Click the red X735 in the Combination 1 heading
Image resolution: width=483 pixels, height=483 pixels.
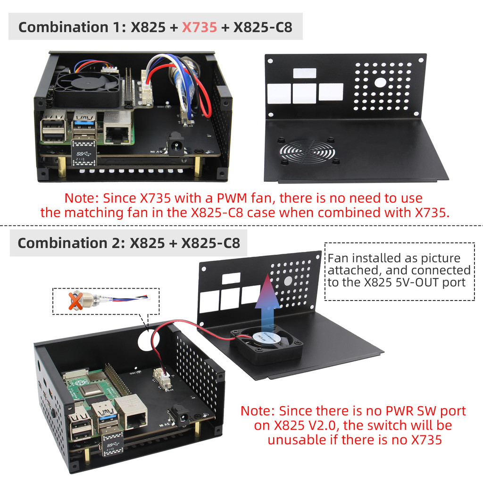[200, 27]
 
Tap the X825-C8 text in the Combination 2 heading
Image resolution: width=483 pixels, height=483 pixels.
[210, 243]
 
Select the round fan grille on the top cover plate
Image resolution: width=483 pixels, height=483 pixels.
[308, 152]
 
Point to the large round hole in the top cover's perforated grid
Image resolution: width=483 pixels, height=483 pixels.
[380, 82]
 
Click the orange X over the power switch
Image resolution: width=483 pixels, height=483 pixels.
[75, 301]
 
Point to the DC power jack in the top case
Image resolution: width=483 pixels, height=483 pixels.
[176, 143]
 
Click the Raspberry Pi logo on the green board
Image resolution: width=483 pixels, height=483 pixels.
[81, 383]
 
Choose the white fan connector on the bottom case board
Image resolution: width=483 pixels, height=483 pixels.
[161, 378]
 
